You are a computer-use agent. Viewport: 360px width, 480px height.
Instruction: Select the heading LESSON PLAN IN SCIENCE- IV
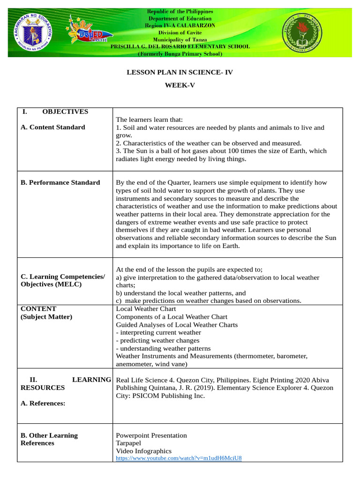click(x=180, y=72)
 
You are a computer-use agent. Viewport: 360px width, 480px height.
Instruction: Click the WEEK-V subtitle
click(x=180, y=86)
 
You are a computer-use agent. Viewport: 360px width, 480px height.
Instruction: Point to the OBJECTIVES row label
click(x=65, y=112)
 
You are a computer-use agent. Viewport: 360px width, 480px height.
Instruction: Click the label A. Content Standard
click(x=53, y=127)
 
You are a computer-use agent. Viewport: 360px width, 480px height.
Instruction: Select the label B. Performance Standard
click(x=60, y=182)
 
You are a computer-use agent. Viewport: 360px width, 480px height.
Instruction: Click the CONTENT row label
click(x=38, y=309)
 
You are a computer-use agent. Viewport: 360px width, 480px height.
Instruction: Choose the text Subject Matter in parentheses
click(x=46, y=317)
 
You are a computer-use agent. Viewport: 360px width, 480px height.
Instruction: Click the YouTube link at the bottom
click(x=179, y=458)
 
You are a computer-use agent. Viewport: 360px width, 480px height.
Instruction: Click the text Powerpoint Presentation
click(x=151, y=435)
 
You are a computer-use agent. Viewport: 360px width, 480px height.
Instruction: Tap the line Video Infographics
click(x=143, y=451)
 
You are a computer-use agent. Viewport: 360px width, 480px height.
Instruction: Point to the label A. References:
click(x=43, y=403)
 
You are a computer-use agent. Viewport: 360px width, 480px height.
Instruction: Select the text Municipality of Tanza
click(x=180, y=40)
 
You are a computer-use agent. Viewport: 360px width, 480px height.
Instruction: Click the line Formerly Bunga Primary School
click(x=180, y=54)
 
